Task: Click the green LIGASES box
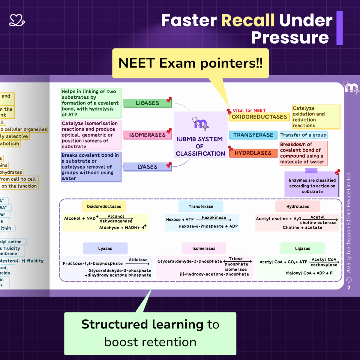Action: [147, 103]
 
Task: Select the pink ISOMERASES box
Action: [147, 135]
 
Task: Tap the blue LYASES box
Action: [147, 167]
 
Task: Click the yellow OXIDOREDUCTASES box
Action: [259, 117]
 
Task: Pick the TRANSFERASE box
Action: [253, 135]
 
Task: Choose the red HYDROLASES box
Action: [253, 153]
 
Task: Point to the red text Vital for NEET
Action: [249, 110]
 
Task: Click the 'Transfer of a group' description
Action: [303, 135]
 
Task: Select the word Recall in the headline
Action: [248, 20]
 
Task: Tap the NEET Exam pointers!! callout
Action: [190, 63]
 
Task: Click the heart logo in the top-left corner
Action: [17, 20]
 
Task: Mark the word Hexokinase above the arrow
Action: [214, 217]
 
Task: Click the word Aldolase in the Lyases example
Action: [138, 260]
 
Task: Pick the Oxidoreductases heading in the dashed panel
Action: [104, 206]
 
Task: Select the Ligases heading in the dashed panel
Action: [302, 248]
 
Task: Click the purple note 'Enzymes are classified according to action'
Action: [312, 186]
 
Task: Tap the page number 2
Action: [349, 287]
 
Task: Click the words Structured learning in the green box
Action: [142, 324]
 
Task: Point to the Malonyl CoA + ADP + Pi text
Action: [309, 273]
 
